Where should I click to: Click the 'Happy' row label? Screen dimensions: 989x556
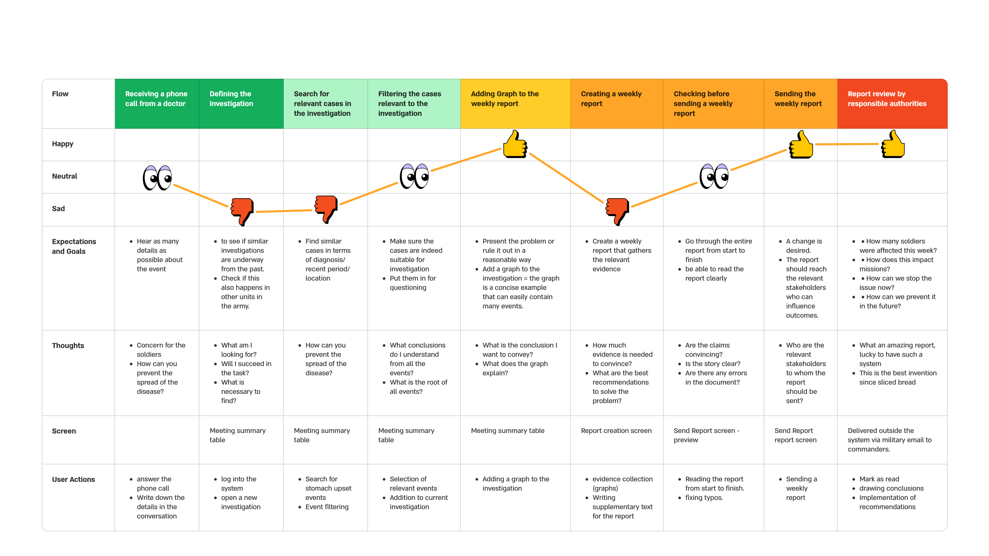click(63, 144)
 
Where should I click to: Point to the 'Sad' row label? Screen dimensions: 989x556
click(58, 209)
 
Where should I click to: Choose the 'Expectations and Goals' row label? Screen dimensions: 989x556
click(74, 246)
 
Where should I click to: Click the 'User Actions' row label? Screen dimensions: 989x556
click(73, 480)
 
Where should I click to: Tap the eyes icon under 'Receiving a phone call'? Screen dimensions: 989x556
click(157, 178)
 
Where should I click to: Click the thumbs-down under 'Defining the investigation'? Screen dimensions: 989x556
click(242, 211)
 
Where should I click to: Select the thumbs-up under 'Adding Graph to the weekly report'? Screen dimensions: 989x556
click(515, 144)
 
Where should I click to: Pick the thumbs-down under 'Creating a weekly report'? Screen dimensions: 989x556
click(617, 211)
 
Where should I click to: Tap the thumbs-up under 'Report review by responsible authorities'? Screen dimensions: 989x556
click(893, 144)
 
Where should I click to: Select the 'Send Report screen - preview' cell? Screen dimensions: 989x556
click(706, 436)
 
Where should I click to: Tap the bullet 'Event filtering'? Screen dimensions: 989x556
click(327, 507)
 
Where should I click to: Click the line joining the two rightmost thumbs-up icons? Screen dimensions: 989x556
click(847, 144)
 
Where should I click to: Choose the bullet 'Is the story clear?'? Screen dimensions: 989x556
click(713, 364)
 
